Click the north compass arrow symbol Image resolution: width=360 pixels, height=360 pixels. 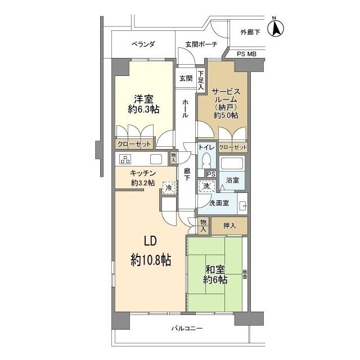[276, 28]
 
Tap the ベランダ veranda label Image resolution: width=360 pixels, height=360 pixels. [143, 44]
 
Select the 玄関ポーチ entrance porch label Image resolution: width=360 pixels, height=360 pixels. [201, 44]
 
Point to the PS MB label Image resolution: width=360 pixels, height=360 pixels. [246, 54]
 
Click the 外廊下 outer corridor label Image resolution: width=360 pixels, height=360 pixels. [250, 33]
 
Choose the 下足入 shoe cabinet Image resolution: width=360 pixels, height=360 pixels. [201, 80]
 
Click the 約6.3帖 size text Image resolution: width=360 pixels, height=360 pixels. [143, 109]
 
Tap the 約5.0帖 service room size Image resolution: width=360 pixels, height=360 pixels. [226, 115]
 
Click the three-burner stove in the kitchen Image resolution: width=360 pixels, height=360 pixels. [125, 159]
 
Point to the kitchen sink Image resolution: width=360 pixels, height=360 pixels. [156, 159]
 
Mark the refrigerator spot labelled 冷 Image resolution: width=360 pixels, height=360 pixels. [169, 188]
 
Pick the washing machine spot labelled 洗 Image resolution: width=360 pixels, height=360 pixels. [207, 186]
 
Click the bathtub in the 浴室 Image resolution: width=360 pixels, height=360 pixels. [232, 163]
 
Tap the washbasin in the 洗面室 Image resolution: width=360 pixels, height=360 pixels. [242, 206]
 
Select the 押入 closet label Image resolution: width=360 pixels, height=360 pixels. [229, 226]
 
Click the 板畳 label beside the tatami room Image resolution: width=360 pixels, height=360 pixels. [245, 274]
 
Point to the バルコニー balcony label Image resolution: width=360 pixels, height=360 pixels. [187, 328]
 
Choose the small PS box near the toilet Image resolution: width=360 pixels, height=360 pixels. [211, 174]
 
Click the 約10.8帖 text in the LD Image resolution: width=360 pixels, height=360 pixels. [151, 260]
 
